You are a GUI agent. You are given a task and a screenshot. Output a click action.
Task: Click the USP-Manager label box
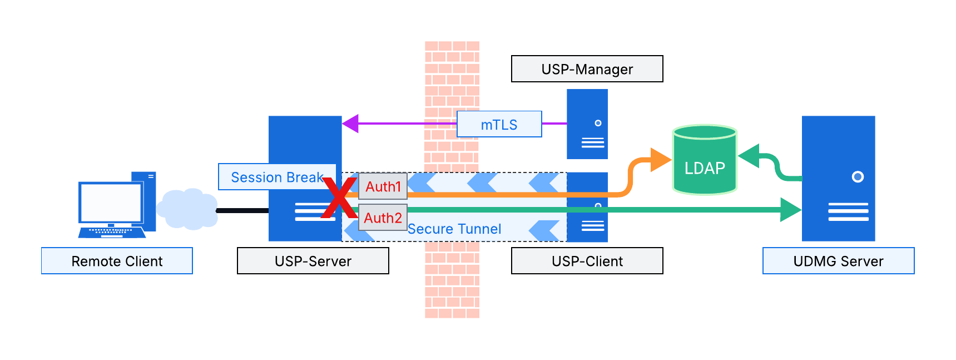point(587,69)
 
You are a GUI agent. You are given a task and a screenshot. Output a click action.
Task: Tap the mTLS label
point(499,124)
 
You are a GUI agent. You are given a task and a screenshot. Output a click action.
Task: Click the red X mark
point(339,198)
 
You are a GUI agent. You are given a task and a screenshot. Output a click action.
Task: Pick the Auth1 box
point(383,186)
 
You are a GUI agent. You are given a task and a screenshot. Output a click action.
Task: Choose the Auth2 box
point(383,218)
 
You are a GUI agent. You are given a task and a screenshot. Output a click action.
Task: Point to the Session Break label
point(276,177)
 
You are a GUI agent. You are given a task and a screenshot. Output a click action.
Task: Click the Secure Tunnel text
point(454,229)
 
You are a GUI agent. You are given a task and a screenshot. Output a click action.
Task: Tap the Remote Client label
point(117,261)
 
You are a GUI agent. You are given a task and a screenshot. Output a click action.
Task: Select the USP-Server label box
point(313,261)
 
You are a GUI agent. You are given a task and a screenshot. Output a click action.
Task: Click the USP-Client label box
point(587,261)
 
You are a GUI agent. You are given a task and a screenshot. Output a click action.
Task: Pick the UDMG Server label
point(838,261)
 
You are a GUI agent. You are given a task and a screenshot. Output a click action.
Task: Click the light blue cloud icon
point(187,209)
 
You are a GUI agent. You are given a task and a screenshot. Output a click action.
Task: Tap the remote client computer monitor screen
point(111,203)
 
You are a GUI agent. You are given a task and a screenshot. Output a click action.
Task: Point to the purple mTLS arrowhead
point(350,124)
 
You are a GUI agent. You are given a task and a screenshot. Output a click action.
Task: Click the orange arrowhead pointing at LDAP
point(661,160)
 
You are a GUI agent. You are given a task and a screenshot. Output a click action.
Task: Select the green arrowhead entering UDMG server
point(790,210)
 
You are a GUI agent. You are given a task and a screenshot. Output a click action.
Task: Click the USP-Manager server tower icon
point(587,124)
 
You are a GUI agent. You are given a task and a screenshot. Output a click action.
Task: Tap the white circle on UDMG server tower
point(858,177)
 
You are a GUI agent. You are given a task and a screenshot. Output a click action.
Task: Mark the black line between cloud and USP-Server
point(242,210)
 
